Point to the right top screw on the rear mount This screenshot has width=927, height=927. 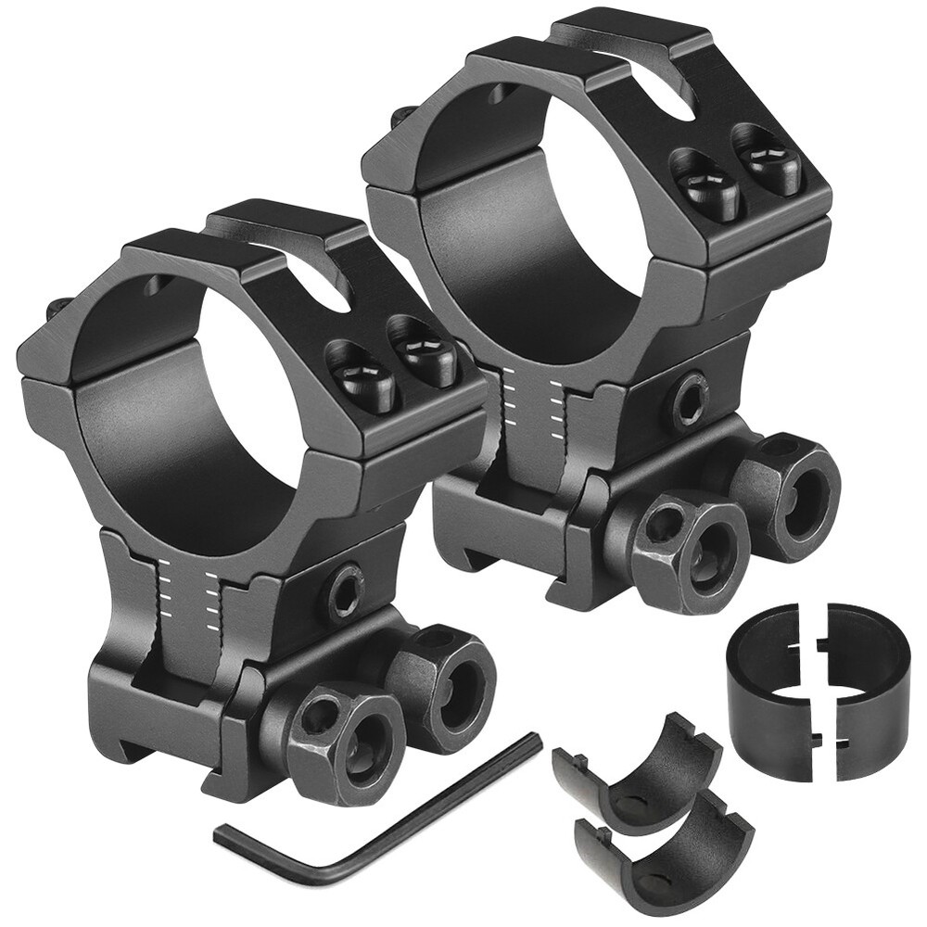pyautogui.click(x=767, y=158)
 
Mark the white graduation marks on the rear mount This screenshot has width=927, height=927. pyautogui.click(x=532, y=403)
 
